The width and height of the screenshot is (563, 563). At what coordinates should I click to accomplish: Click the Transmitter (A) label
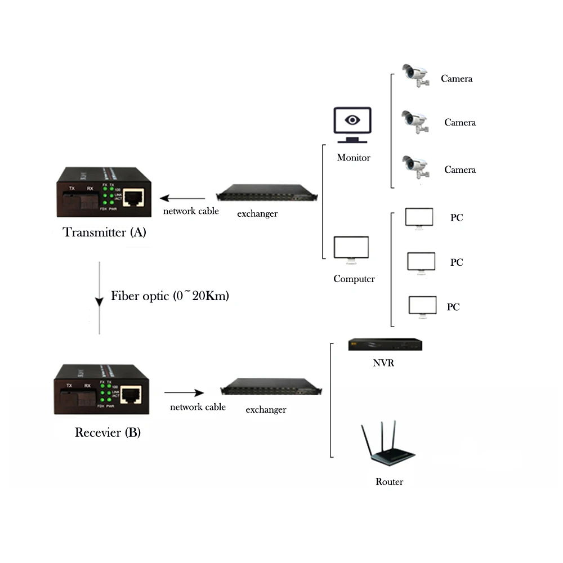[105, 232]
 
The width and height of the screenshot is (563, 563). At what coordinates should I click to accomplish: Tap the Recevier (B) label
[108, 432]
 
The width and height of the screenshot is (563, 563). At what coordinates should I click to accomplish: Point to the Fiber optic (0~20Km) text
[169, 296]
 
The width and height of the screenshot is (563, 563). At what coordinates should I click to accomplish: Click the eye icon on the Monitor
[352, 120]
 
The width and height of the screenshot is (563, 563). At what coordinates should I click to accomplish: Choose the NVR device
[385, 345]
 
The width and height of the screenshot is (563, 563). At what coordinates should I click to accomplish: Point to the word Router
[390, 482]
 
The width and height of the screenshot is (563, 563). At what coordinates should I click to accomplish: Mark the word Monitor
[354, 158]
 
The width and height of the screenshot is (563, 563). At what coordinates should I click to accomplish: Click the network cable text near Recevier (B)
[198, 407]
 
